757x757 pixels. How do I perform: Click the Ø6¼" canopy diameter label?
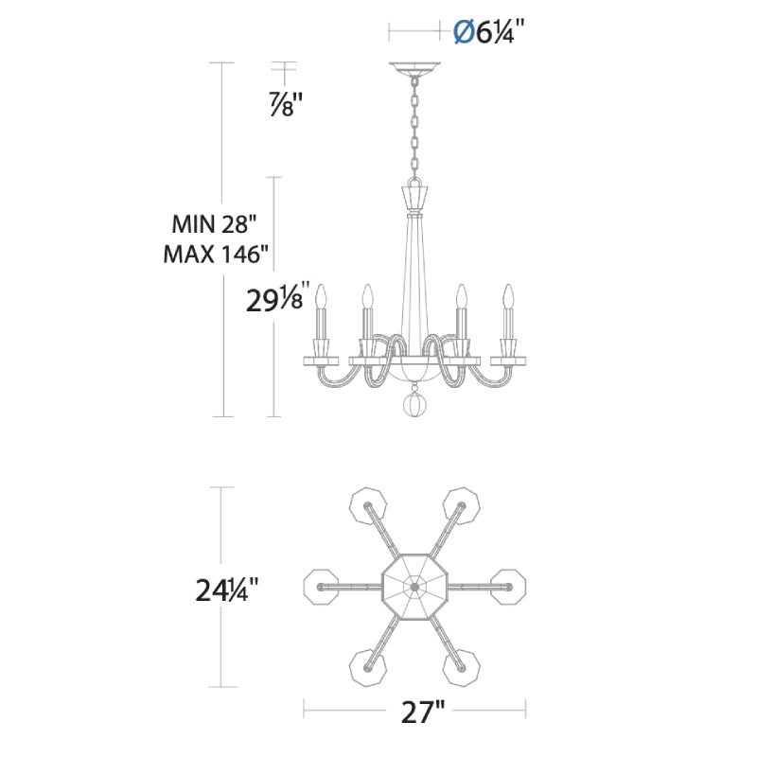pyautogui.click(x=488, y=33)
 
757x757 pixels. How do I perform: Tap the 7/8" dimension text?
pyautogui.click(x=286, y=104)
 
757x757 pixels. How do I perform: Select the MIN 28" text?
pyautogui.click(x=214, y=224)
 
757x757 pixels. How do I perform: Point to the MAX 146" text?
pyautogui.click(x=216, y=254)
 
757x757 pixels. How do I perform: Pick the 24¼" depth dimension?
pyautogui.click(x=227, y=590)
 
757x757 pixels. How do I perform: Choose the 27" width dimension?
pyautogui.click(x=422, y=713)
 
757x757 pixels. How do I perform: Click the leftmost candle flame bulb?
pyautogui.click(x=321, y=296)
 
